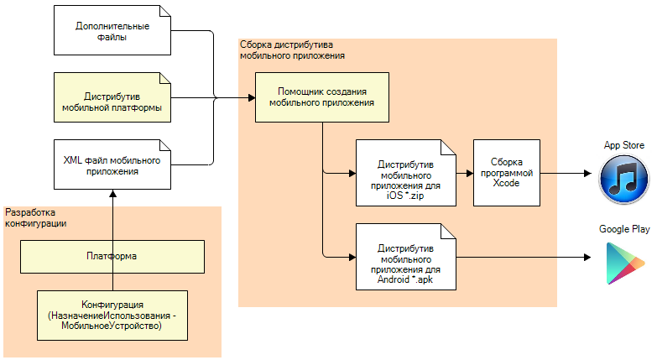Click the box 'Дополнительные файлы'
(112, 31)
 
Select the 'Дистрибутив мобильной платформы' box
(112, 102)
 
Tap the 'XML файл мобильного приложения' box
(112, 164)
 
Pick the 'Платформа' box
(112, 257)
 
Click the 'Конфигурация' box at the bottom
(112, 315)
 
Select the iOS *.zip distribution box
(406, 173)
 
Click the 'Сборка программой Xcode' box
(506, 173)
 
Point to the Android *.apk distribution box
(406, 255)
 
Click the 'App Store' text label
(623, 146)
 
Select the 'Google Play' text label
(623, 228)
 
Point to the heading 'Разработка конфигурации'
(39, 218)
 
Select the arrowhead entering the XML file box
(112, 194)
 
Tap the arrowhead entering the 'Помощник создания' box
(251, 98)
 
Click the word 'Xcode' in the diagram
(506, 183)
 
